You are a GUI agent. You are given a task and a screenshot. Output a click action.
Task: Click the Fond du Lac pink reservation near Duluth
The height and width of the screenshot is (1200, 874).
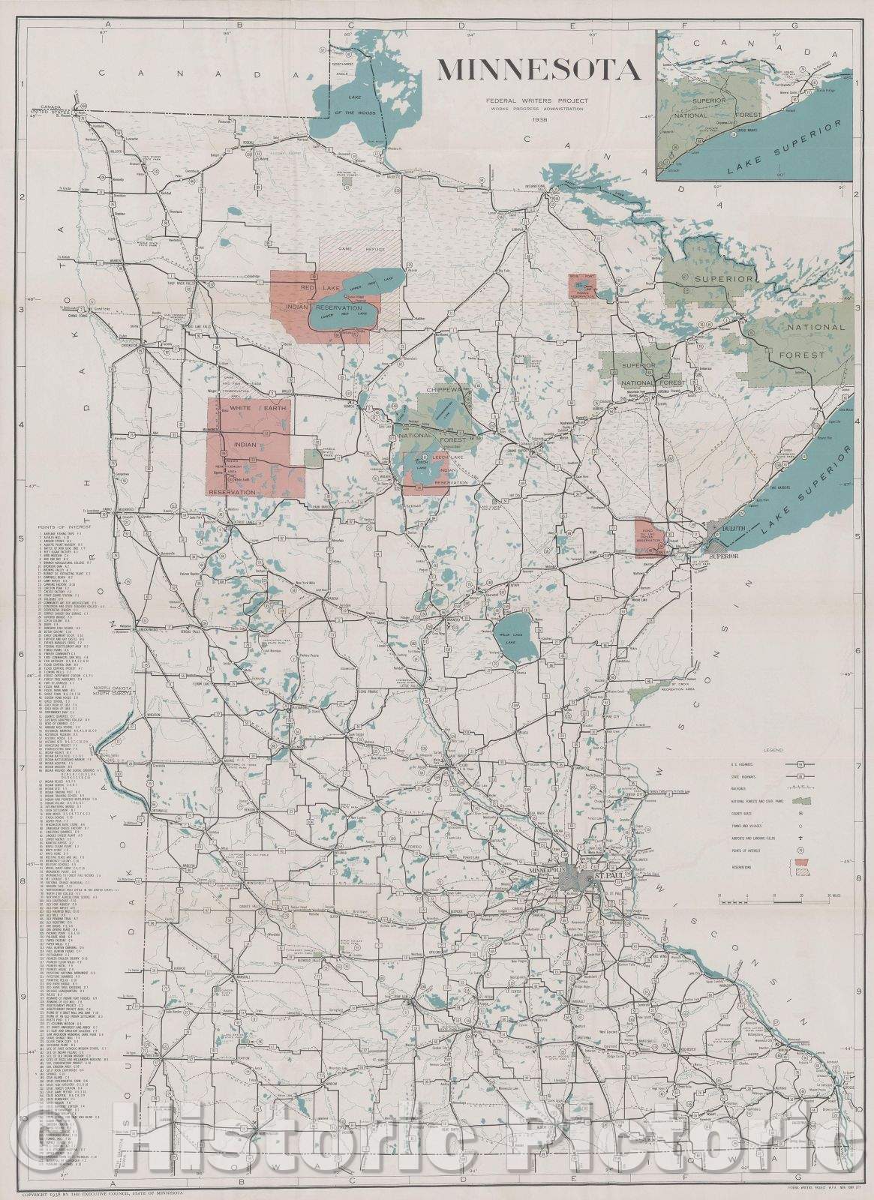[644, 536]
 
